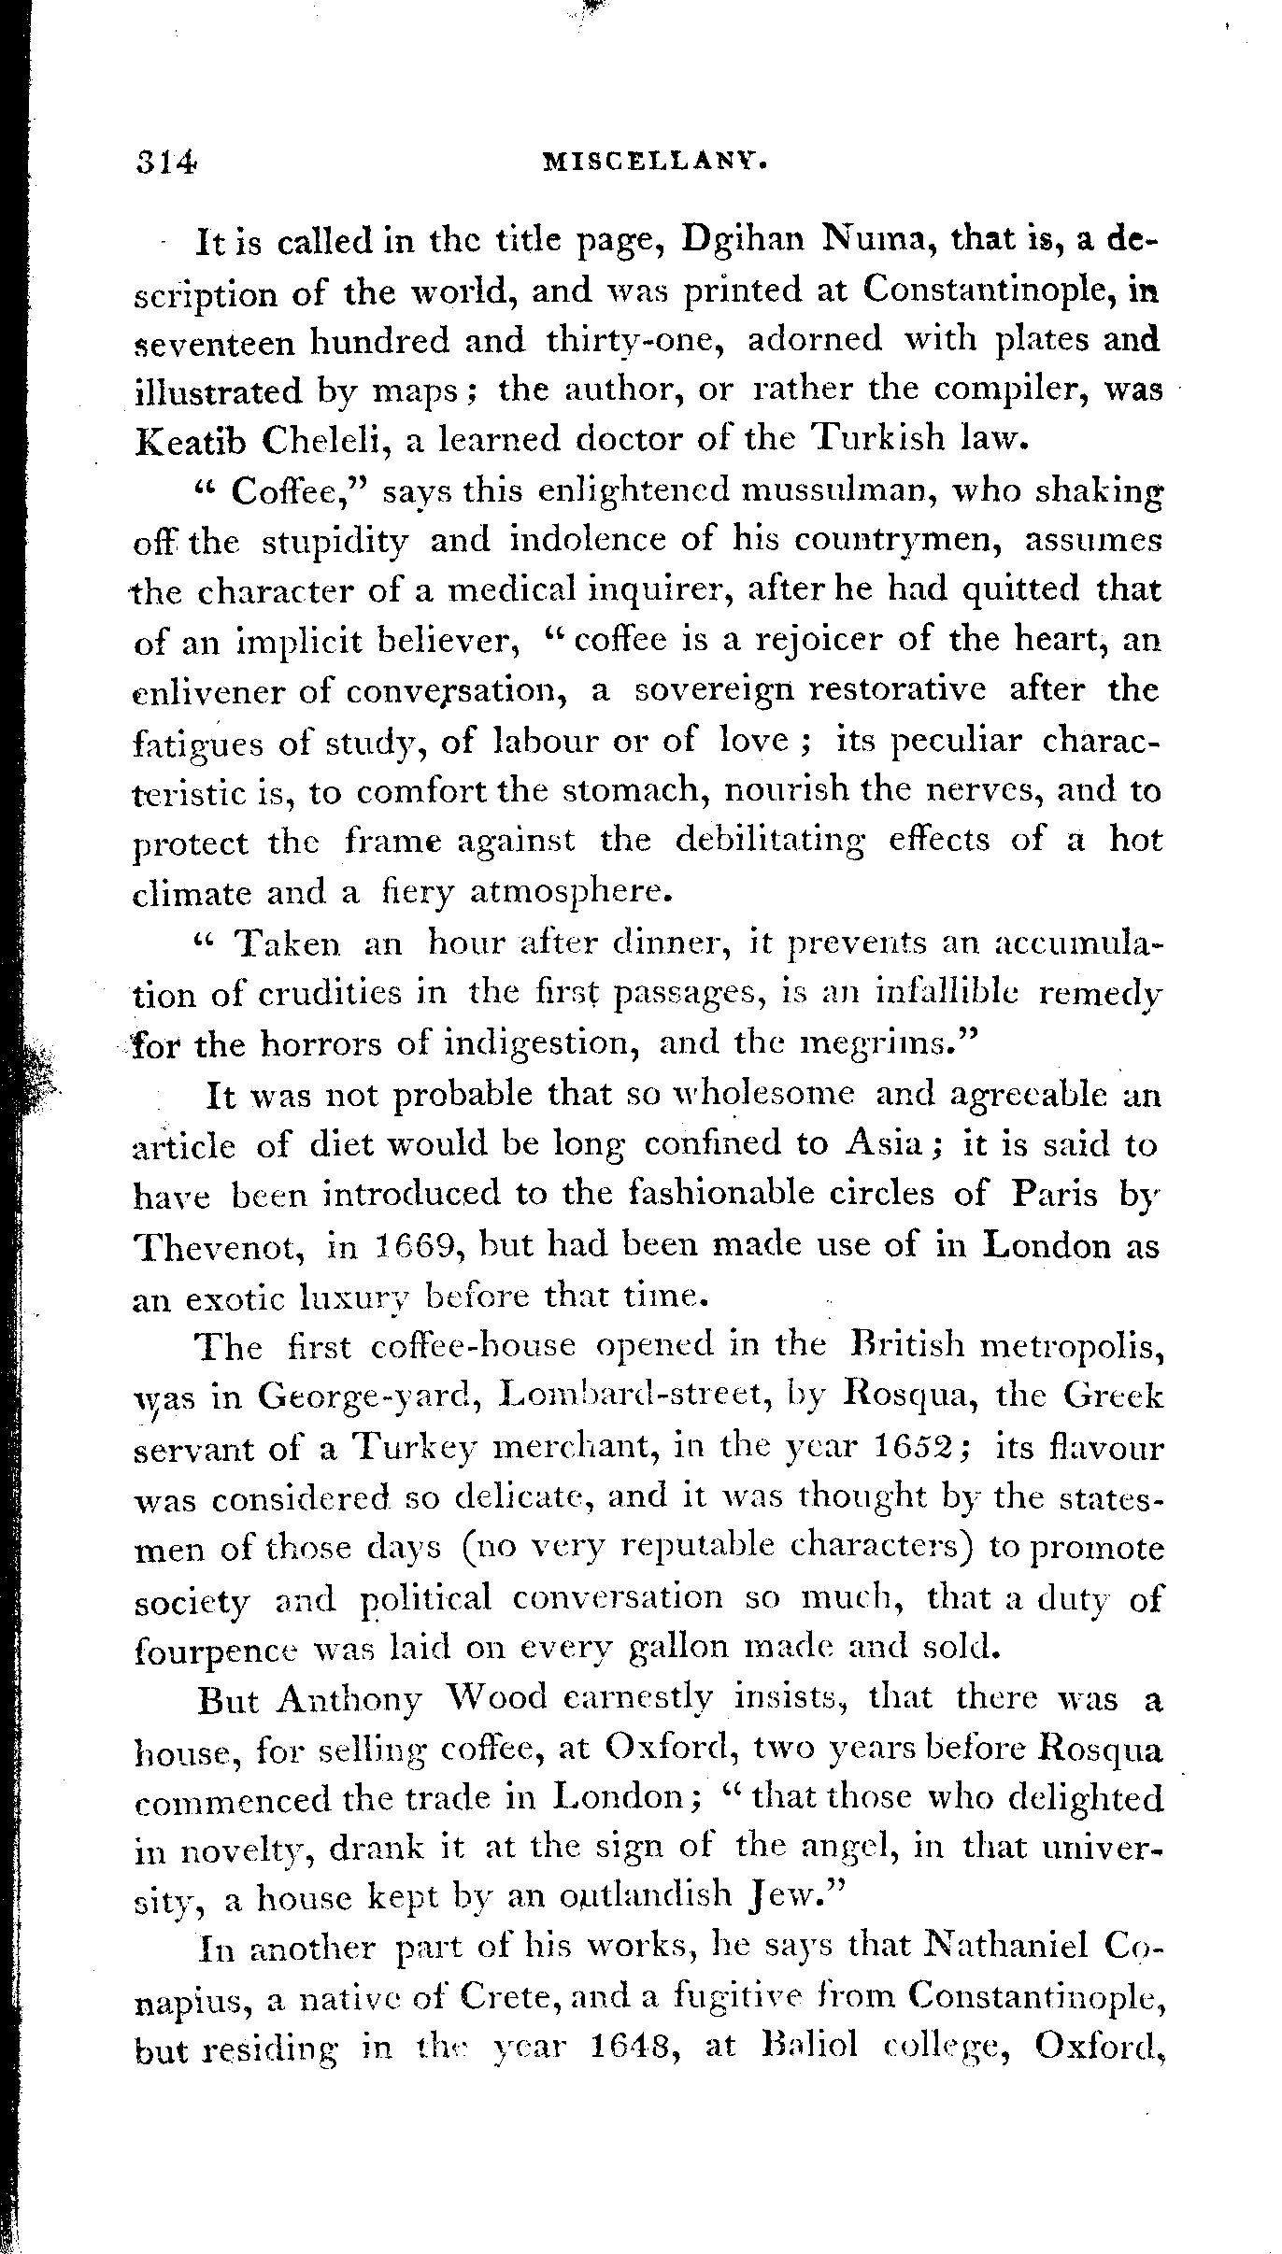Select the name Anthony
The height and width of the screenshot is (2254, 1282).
[350, 1699]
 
